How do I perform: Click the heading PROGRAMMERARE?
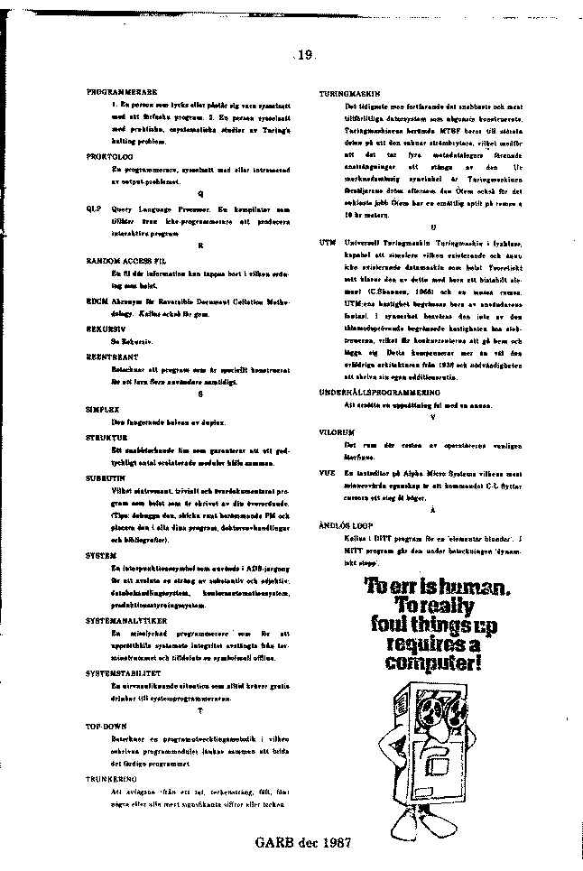(x=122, y=93)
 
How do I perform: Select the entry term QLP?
(x=91, y=208)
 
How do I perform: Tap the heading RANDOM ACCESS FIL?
(x=127, y=259)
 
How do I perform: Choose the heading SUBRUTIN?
(x=105, y=474)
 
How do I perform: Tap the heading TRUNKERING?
(x=111, y=776)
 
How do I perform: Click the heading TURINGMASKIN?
(x=349, y=93)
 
